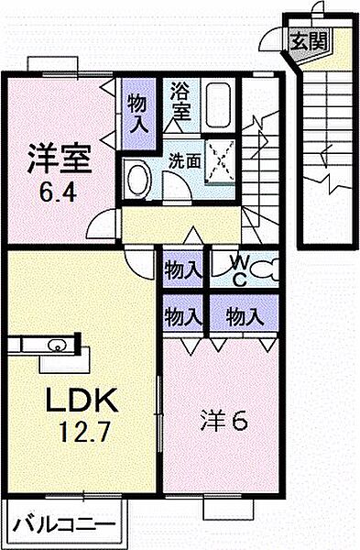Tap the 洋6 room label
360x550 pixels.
tap(224, 422)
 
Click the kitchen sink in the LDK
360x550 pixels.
tap(52, 346)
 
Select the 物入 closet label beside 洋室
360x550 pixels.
tap(139, 100)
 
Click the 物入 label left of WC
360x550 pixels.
tap(183, 270)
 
